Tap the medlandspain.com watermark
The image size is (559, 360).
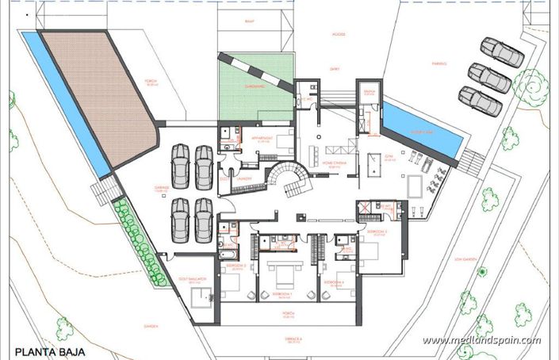pos(481,341)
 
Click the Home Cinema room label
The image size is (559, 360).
pos(333,165)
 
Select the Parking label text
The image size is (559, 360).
pos(439,64)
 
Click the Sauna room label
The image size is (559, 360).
pos(369,92)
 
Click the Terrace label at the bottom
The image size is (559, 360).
pos(296,339)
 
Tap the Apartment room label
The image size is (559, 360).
pos(261,139)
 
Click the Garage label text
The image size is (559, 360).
pos(163,189)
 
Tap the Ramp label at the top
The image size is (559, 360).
pos(250,24)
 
